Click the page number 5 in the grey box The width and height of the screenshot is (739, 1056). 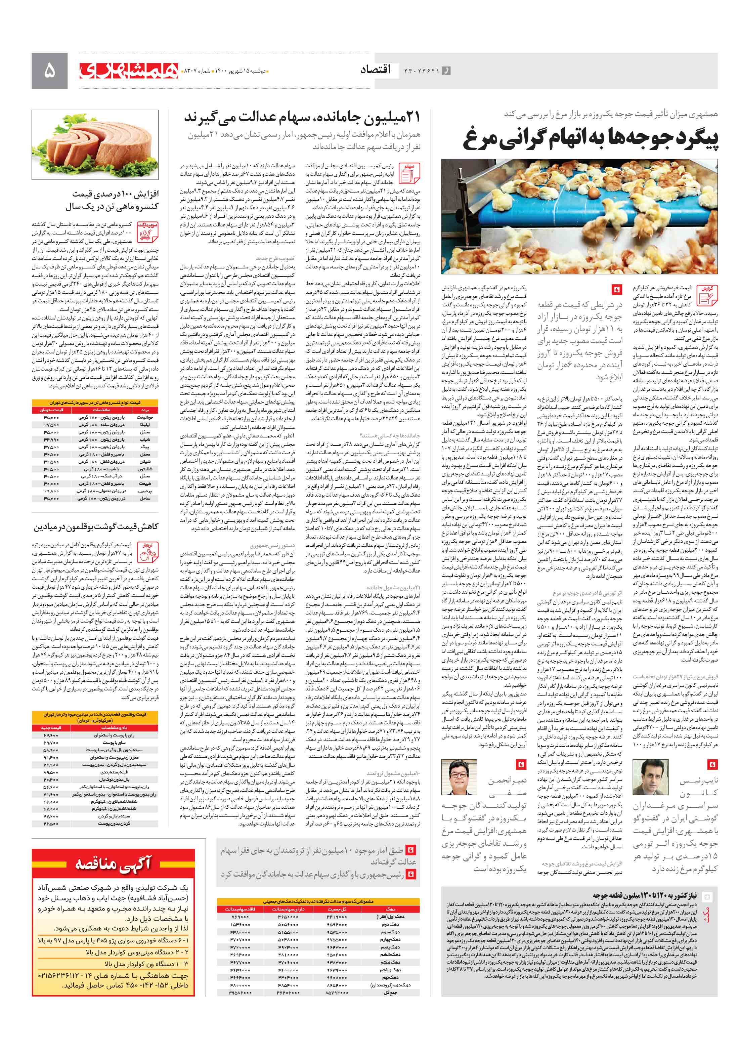coord(49,70)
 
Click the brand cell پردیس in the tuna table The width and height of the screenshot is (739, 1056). coord(145,491)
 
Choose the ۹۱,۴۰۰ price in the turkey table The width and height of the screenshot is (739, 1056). coord(51,757)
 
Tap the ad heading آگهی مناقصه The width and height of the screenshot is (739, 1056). coord(113,864)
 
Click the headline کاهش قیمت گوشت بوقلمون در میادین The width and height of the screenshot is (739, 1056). coord(96,526)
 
